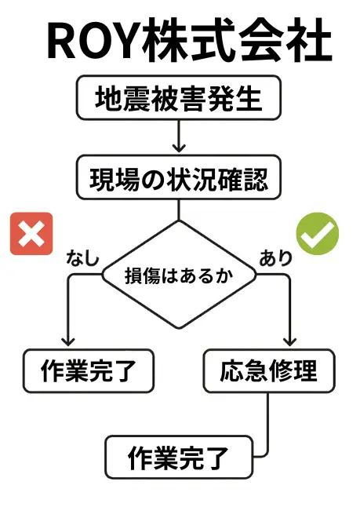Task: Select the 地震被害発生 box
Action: pyautogui.click(x=179, y=97)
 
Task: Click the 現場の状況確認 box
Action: pyautogui.click(x=179, y=177)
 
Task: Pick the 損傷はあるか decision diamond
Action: pyautogui.click(x=179, y=275)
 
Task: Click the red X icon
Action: pyautogui.click(x=31, y=234)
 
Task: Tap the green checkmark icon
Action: pyautogui.click(x=318, y=234)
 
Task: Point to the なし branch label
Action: pyautogui.click(x=83, y=257)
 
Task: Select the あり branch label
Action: pyautogui.click(x=276, y=257)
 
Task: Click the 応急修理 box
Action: pyautogui.click(x=269, y=370)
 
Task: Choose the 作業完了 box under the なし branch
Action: pyautogui.click(x=89, y=370)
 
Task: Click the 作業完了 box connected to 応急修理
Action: pyautogui.click(x=179, y=458)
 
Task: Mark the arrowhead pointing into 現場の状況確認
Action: pyautogui.click(x=179, y=148)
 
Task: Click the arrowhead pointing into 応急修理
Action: pyautogui.click(x=289, y=341)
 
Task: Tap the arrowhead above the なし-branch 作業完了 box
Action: pyautogui.click(x=68, y=341)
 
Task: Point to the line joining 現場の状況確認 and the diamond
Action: pyautogui.click(x=179, y=210)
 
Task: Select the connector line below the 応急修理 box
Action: pyautogui.click(x=267, y=429)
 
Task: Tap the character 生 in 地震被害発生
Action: pyautogui.click(x=249, y=98)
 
